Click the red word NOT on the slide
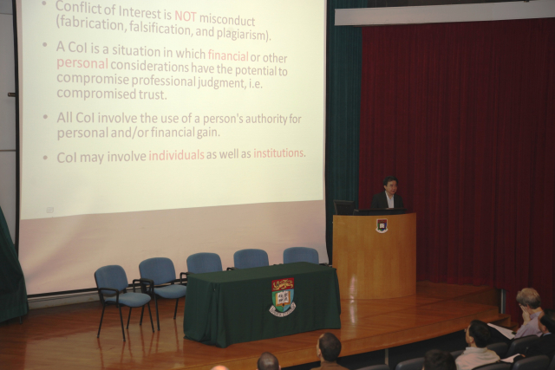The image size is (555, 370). coord(185,16)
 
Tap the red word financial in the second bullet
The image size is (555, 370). coord(228,55)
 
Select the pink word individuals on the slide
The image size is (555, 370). coord(176,155)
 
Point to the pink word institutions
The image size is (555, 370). coord(278,153)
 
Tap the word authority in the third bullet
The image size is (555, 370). coord(266,120)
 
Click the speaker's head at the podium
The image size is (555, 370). coord(390,184)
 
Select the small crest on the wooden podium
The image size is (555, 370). coord(382,225)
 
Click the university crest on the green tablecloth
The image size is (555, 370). coord(283,296)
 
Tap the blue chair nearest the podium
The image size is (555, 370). coord(301,256)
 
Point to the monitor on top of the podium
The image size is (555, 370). coord(344,208)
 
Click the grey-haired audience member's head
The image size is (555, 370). coord(528,299)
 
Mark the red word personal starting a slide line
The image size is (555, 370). coord(82,63)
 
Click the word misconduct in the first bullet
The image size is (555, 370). coord(227,20)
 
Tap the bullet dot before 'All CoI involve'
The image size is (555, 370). coord(45,116)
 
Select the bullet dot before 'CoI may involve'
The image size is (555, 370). coord(45,158)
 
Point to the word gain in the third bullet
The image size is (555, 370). coord(208,133)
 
